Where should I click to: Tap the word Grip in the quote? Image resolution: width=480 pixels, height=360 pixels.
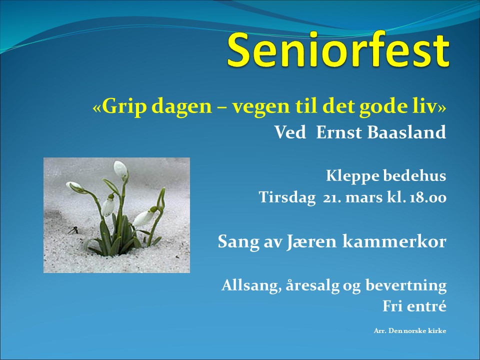pos(123,107)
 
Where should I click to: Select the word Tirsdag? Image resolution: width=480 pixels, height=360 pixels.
pos(287,197)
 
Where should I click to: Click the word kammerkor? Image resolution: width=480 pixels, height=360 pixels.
pos(394,241)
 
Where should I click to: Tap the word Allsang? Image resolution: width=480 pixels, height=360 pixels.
pos(251,285)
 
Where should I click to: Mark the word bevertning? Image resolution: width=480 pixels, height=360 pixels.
pos(406,285)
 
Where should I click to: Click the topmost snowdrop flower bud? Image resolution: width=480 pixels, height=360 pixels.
pos(120,169)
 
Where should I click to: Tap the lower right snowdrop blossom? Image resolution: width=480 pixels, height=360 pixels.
pos(144,217)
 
